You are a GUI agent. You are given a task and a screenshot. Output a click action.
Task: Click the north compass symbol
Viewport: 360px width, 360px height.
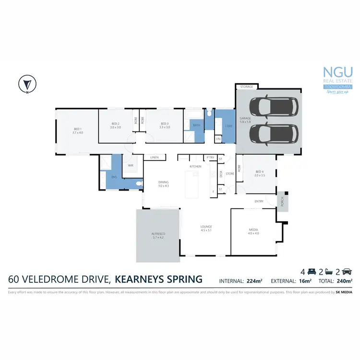(26, 84)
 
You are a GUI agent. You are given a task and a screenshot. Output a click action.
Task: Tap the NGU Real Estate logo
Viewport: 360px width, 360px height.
(335, 79)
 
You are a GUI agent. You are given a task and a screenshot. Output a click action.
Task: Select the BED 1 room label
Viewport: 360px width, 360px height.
(78, 131)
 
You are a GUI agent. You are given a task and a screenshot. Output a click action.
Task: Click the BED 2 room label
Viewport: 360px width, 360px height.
(116, 125)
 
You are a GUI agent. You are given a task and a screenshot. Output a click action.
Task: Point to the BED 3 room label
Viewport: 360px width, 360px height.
(165, 125)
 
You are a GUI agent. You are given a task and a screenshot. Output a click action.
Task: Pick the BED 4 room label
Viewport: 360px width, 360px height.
(260, 174)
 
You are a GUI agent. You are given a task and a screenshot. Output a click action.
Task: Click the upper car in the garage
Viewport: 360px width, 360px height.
(271, 106)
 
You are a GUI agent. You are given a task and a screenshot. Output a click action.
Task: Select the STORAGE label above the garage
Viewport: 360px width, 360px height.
(246, 87)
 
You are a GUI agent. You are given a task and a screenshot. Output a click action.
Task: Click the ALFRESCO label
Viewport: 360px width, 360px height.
(158, 236)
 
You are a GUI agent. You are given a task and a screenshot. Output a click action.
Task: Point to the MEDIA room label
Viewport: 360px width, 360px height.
(253, 231)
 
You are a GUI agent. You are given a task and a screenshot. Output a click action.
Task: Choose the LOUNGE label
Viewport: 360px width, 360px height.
(206, 228)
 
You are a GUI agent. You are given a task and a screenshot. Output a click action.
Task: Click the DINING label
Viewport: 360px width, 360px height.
(164, 184)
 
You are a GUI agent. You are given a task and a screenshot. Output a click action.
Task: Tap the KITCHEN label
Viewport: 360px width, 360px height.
(195, 166)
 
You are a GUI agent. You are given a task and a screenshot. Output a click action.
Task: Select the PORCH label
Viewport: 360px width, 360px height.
(282, 200)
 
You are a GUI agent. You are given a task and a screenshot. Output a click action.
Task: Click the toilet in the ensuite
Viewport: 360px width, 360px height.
(138, 184)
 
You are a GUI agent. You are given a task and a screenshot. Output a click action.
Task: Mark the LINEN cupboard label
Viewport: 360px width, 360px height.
(154, 157)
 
